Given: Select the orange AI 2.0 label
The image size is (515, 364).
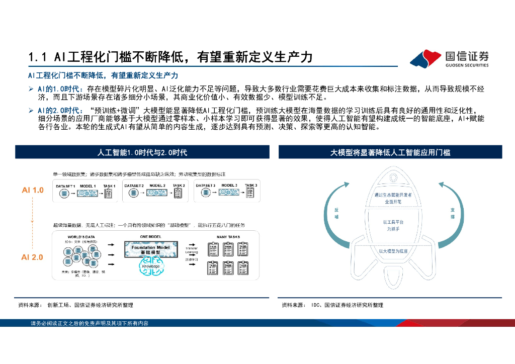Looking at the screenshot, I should click(32, 257).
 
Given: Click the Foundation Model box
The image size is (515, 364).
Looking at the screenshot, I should click(151, 249).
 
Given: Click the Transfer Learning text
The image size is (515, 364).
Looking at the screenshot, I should click(192, 250).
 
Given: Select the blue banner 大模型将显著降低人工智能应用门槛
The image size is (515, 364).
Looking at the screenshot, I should click(390, 152).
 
